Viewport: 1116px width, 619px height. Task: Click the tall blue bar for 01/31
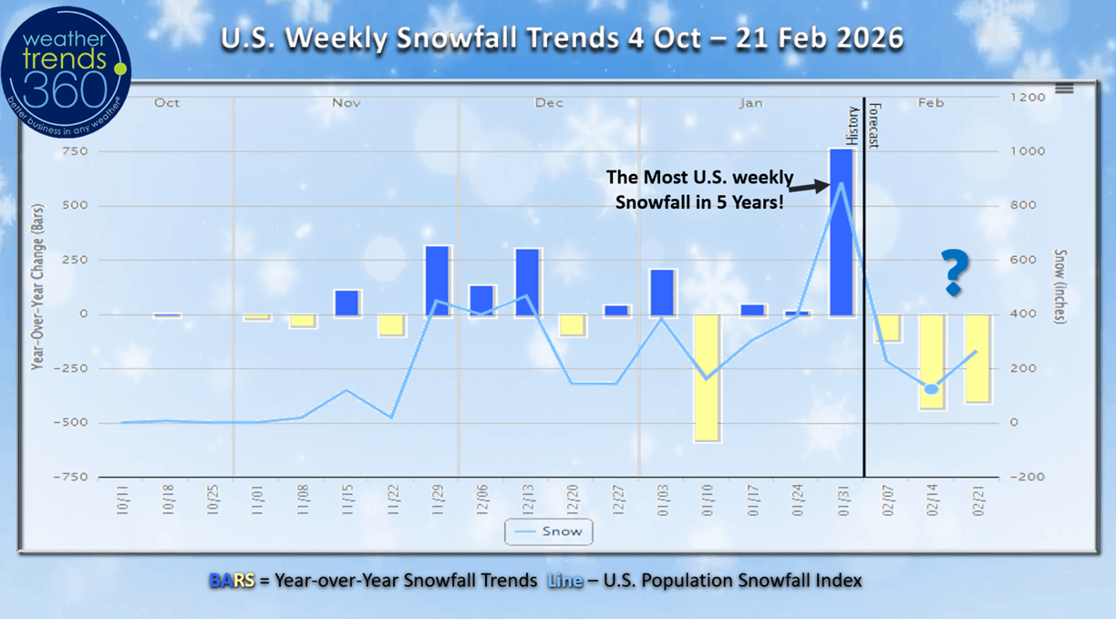tap(841, 232)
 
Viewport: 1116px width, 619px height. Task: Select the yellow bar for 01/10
tap(707, 378)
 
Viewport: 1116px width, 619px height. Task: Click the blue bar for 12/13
tap(527, 283)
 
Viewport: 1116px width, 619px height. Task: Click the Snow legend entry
tap(548, 531)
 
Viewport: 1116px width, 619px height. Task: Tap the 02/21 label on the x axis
tap(976, 502)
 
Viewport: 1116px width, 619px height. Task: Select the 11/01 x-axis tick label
tap(257, 502)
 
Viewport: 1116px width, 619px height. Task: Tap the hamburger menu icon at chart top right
tap(1064, 88)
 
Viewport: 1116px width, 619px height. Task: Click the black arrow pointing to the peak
tap(808, 188)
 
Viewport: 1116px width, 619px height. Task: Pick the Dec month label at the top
tap(549, 103)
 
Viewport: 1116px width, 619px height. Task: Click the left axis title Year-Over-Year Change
tap(37, 288)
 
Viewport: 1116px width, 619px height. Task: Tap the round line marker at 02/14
tap(931, 389)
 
